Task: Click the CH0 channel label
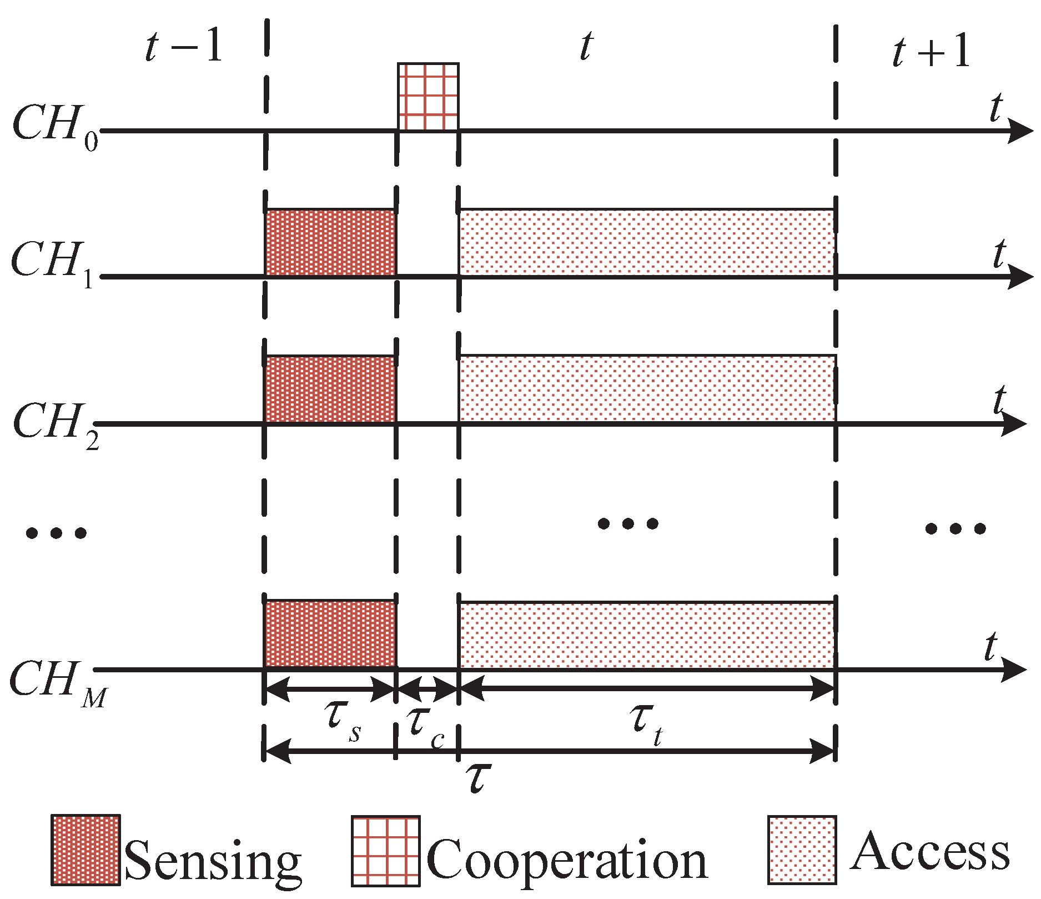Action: (54, 127)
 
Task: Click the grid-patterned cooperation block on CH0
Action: (428, 97)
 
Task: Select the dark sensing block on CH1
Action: (330, 242)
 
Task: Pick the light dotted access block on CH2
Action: (647, 388)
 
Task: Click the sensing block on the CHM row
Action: (330, 634)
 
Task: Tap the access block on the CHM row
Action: (647, 635)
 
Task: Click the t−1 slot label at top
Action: (183, 47)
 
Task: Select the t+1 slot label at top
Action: (932, 51)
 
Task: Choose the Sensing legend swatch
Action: (86, 850)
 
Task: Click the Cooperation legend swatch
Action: (385, 851)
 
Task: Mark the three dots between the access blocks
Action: (627, 523)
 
